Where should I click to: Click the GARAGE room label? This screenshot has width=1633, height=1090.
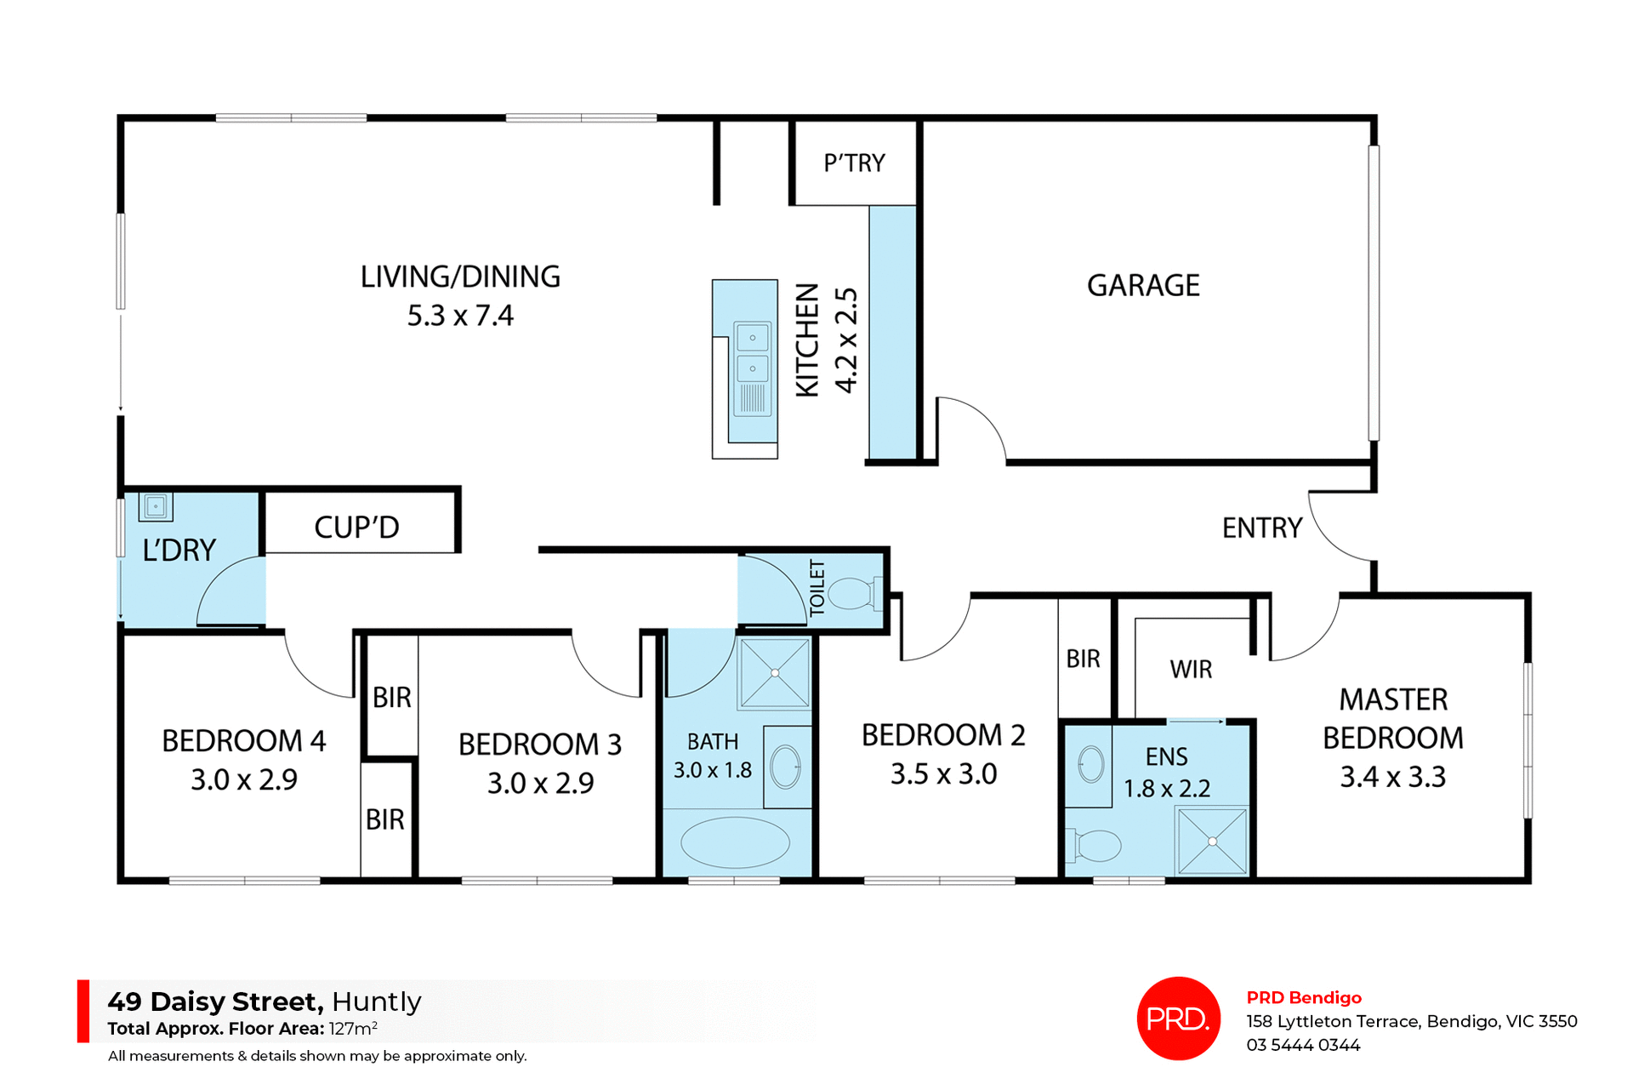point(1143,285)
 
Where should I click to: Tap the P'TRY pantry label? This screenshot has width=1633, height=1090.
point(854,163)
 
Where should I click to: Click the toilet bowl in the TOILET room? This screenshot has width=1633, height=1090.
point(852,593)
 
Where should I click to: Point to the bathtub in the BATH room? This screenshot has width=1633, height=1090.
point(735,842)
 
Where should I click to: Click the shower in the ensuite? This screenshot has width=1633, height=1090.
point(1212,841)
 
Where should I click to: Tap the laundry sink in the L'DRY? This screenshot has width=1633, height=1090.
point(156,506)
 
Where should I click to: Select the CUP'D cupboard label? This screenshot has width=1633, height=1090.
point(356,528)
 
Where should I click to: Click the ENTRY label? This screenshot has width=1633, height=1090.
point(1261,528)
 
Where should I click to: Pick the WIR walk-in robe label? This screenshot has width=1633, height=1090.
point(1191,670)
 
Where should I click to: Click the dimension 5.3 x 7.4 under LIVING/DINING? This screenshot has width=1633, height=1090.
point(460,316)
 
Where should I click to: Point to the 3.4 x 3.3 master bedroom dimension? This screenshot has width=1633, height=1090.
point(1392,777)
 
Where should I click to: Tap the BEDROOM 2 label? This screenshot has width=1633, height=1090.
point(943,735)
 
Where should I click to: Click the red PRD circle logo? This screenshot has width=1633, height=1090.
point(1178,1018)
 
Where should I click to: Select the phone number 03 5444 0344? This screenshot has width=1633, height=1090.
point(1303,1045)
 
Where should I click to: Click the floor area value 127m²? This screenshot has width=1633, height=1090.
point(353,1028)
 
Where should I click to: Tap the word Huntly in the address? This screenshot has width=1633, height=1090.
point(377,1002)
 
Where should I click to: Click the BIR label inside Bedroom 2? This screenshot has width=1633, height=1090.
point(1083,659)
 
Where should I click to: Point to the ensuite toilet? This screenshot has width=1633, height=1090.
point(1096,845)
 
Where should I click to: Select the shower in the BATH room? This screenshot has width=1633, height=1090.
point(775,673)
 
